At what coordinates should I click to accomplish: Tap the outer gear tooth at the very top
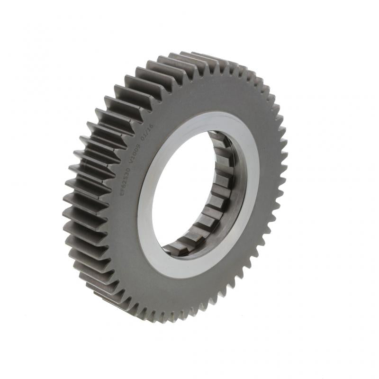(x=199, y=56)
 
